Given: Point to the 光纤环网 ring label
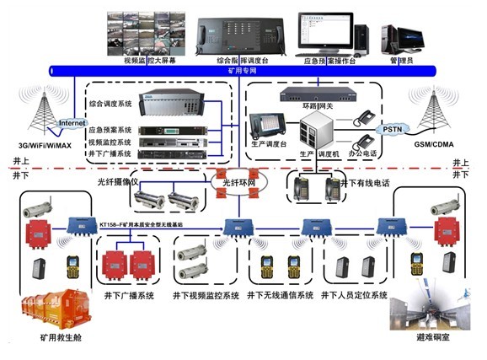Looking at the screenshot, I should click(x=238, y=183).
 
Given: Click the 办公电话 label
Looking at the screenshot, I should click(x=363, y=154).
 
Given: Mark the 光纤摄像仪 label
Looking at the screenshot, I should click(x=115, y=180).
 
